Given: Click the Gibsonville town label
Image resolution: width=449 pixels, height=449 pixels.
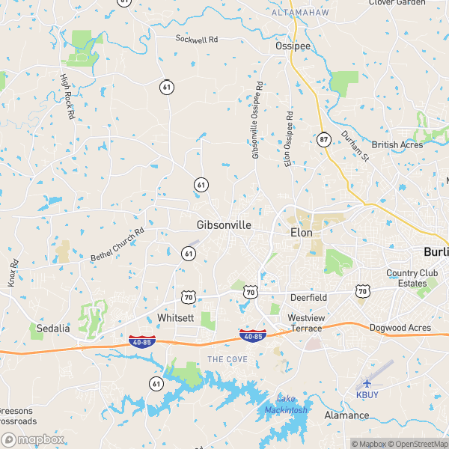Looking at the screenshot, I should (x=224, y=224).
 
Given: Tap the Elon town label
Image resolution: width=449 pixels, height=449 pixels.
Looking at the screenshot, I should (x=300, y=233).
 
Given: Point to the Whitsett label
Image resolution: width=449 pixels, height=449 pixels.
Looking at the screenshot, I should (x=176, y=318).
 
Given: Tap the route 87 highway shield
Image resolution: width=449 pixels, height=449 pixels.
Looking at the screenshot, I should (x=323, y=138).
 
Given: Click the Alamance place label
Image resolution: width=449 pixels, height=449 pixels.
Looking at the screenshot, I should (x=346, y=415).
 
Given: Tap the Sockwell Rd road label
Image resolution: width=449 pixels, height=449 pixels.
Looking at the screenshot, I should (x=196, y=38).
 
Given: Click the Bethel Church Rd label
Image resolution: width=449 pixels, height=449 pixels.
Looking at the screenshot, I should (x=117, y=245).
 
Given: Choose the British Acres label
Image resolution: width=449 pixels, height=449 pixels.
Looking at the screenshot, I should (x=397, y=144).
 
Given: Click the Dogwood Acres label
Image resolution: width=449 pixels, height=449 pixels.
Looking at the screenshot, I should (x=400, y=328).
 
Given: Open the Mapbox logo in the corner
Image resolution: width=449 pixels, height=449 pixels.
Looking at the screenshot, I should (x=33, y=440).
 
